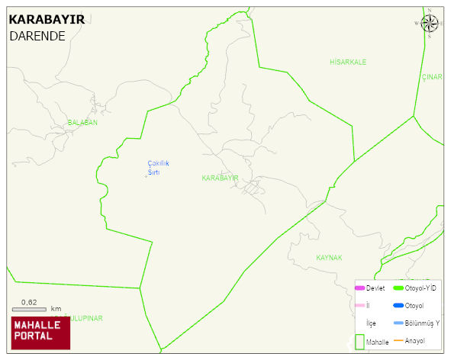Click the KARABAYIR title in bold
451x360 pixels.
click(47, 20)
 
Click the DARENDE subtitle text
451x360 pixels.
click(37, 36)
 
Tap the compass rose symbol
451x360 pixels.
click(430, 24)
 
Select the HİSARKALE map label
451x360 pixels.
click(348, 61)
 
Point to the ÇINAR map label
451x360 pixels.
click(432, 77)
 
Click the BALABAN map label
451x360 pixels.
click(82, 122)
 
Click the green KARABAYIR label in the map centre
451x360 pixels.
click(220, 178)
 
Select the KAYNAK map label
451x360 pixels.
click(329, 258)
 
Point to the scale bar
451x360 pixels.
click(29, 309)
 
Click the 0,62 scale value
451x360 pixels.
click(29, 302)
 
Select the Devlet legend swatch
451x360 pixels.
click(359, 288)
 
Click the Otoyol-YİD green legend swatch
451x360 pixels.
click(398, 288)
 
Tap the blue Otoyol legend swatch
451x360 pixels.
click(398, 306)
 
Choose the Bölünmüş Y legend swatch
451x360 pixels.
click(398, 323)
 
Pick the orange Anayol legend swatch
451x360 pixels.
click(398, 340)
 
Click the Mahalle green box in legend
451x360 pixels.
click(359, 342)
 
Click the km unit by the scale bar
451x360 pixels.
click(56, 309)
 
